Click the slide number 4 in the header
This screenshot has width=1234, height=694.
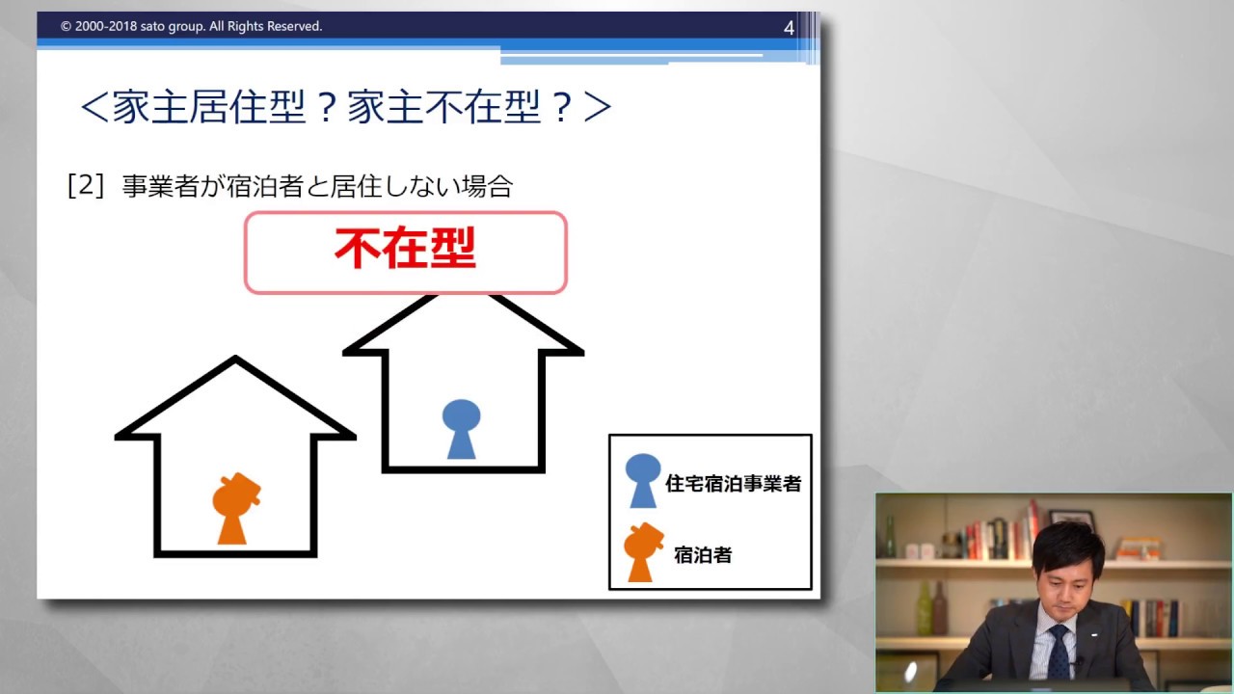(x=789, y=28)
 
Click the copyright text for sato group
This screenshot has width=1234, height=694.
(x=191, y=26)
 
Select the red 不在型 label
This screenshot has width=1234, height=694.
(x=405, y=250)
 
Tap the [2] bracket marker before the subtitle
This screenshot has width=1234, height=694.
(x=86, y=185)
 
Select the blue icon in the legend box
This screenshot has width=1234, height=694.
(x=642, y=480)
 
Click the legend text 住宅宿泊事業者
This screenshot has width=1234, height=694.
(x=733, y=484)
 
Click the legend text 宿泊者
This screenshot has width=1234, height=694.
(x=703, y=555)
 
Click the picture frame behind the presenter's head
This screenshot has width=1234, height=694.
(x=1072, y=520)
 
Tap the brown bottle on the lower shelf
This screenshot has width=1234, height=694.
(x=939, y=607)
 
